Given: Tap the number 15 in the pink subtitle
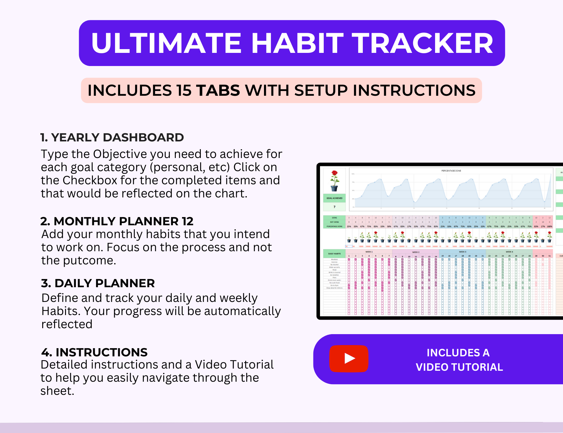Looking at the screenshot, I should pos(184,90).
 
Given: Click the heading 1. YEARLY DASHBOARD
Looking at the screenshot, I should pos(112,137).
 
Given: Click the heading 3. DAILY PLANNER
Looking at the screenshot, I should pos(98,283).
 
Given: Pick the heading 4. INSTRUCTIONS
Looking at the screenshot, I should pos(94,352).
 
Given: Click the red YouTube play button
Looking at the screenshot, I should pos(349,359).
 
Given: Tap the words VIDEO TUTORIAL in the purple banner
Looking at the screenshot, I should pos(459,367).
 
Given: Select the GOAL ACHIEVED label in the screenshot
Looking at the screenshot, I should pos(334,198).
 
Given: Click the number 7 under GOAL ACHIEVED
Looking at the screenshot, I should pos(334,207).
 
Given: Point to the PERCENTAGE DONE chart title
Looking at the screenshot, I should pos(451,171).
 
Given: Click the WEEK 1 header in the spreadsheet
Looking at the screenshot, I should pos(369,252).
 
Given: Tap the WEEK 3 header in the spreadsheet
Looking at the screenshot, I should pos(462,252).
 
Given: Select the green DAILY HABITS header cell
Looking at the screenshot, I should pos(334,254).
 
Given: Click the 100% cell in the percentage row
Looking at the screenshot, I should pos(549,226).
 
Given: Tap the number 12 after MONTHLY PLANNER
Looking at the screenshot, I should pos(188,221).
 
